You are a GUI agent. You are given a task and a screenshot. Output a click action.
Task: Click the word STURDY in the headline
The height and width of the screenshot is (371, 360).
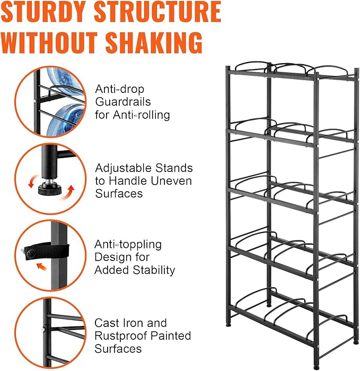coord(43,12)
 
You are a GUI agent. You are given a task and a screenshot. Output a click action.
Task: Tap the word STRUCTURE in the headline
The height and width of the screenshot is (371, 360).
coord(157,12)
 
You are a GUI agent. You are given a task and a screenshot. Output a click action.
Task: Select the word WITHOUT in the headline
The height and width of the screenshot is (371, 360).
coord(49,42)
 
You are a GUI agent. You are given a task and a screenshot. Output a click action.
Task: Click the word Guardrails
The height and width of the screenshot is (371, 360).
coord(123,102)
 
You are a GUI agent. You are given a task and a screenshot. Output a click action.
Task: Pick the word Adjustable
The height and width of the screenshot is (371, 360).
coord(124,168)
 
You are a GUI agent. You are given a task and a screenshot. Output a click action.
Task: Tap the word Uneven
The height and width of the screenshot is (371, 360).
coord(171,181)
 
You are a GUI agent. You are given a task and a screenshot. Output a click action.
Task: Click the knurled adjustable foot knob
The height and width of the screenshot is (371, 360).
coord(50,189)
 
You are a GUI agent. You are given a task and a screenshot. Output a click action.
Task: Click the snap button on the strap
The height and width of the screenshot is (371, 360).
coord(31,253)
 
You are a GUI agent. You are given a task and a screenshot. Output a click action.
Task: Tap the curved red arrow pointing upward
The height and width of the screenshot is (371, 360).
coord(69,192)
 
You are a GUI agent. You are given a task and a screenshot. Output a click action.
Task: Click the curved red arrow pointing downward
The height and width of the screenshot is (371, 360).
coord(32,181)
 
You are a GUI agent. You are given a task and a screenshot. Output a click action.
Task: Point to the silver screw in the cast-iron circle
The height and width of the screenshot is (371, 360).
coord(43,329)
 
